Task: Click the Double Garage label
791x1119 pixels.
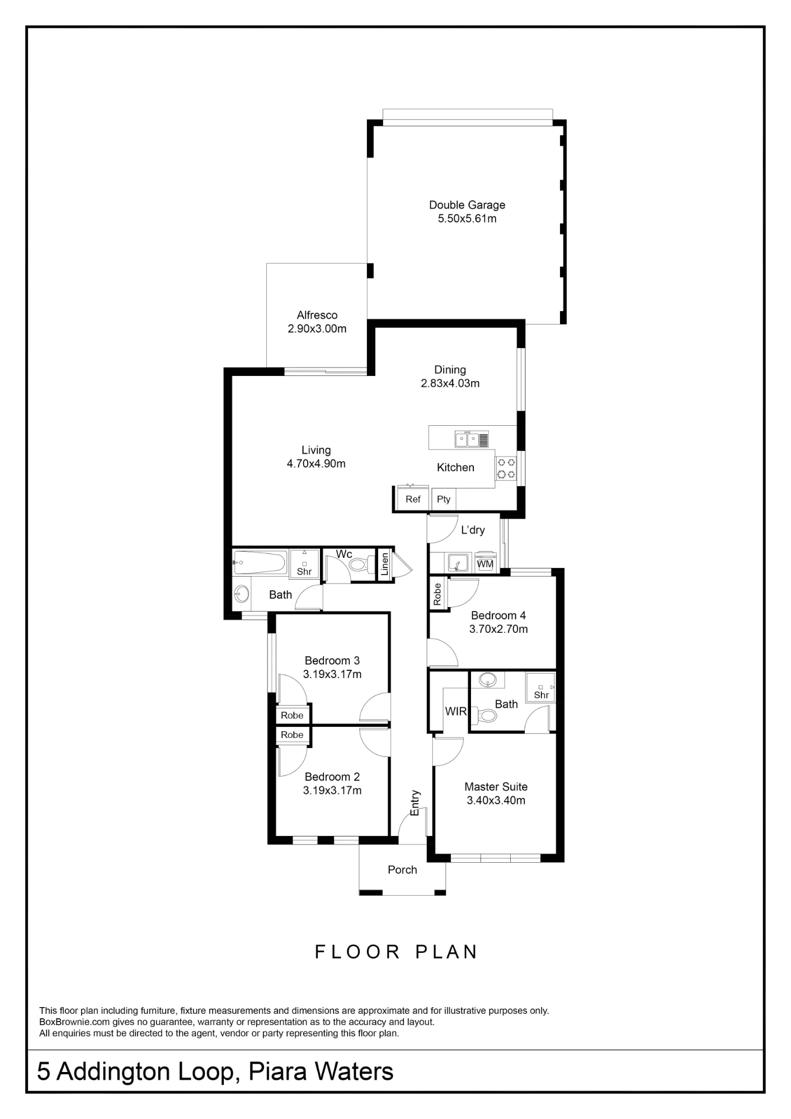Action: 467,205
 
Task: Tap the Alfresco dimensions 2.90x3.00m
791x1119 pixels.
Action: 317,329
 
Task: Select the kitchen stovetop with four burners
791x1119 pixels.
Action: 506,469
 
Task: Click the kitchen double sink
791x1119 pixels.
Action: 472,439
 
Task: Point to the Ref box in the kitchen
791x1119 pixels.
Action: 413,499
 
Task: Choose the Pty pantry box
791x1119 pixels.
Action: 444,499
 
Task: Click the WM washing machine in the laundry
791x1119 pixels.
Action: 485,564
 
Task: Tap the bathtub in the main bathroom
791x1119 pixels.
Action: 260,562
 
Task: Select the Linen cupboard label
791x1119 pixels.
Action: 385,565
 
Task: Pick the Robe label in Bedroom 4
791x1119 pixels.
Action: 437,593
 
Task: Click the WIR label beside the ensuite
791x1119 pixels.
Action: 456,711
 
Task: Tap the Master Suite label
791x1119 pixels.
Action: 496,787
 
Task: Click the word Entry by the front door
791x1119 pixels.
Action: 415,803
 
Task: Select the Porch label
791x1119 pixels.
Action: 402,869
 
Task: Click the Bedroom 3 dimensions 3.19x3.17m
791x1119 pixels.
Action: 332,674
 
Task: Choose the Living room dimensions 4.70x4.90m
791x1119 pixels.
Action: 316,464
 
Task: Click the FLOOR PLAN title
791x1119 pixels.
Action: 396,952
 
